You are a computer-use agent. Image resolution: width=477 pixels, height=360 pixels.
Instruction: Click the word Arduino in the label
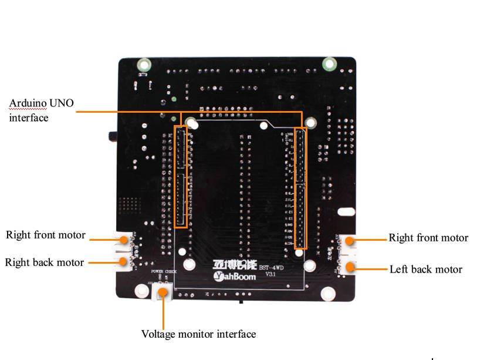[28, 104]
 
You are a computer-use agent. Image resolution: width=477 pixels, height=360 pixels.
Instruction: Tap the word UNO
[62, 104]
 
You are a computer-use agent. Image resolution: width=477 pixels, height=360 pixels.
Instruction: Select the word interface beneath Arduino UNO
[28, 117]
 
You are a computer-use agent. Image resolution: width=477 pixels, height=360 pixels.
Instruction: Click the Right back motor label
[45, 262]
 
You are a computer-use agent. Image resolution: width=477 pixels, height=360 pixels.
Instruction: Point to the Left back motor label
[426, 270]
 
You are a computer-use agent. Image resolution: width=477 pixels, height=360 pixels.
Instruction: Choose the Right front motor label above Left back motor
[428, 238]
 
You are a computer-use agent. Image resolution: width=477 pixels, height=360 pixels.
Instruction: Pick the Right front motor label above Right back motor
[46, 235]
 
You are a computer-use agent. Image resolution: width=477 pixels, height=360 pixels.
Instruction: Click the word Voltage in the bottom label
[160, 334]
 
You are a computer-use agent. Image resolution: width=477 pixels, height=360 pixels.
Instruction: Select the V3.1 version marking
[270, 274]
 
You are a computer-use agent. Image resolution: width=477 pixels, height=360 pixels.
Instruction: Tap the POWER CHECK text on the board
[164, 272]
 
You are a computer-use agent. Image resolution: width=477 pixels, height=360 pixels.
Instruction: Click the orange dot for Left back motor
[351, 268]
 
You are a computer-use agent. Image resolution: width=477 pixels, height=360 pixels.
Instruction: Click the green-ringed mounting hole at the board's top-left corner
[143, 65]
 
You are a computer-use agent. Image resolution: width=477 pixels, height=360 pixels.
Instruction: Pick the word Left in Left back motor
[398, 270]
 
